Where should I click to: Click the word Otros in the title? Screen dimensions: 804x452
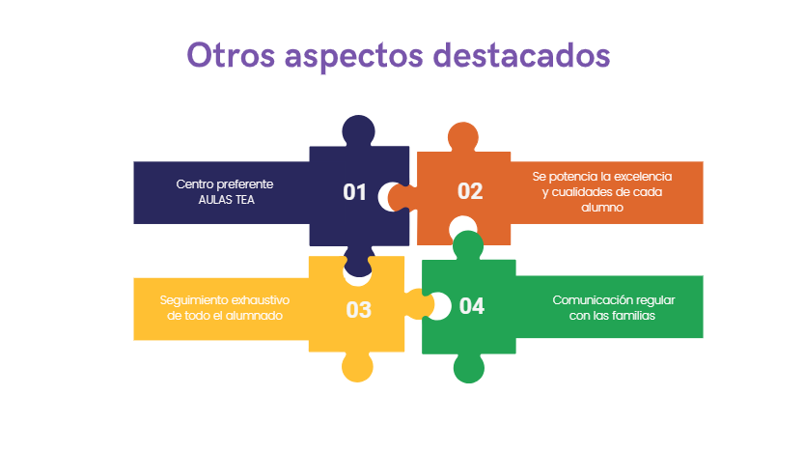231,55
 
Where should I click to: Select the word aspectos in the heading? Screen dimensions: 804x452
354,56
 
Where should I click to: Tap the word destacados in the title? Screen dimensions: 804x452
522,55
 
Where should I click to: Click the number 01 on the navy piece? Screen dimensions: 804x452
354,192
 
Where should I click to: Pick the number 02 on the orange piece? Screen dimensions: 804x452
470,191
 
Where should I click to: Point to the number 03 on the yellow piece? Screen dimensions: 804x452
358,310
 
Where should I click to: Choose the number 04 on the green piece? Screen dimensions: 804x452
472,306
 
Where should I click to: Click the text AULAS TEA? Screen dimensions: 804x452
226,200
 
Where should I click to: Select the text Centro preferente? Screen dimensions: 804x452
225,184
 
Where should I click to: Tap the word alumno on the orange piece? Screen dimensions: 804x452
602,208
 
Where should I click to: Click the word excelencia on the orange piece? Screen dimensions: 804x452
643,177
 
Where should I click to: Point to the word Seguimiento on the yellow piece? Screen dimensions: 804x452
192,300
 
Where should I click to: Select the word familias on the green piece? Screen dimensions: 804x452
633,316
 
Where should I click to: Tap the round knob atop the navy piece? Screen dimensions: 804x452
358,130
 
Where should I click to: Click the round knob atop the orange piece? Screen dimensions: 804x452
463,137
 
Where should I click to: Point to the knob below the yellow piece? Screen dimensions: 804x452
357,367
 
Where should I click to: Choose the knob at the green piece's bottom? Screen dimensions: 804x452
469,368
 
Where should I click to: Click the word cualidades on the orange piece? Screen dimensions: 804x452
582,192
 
